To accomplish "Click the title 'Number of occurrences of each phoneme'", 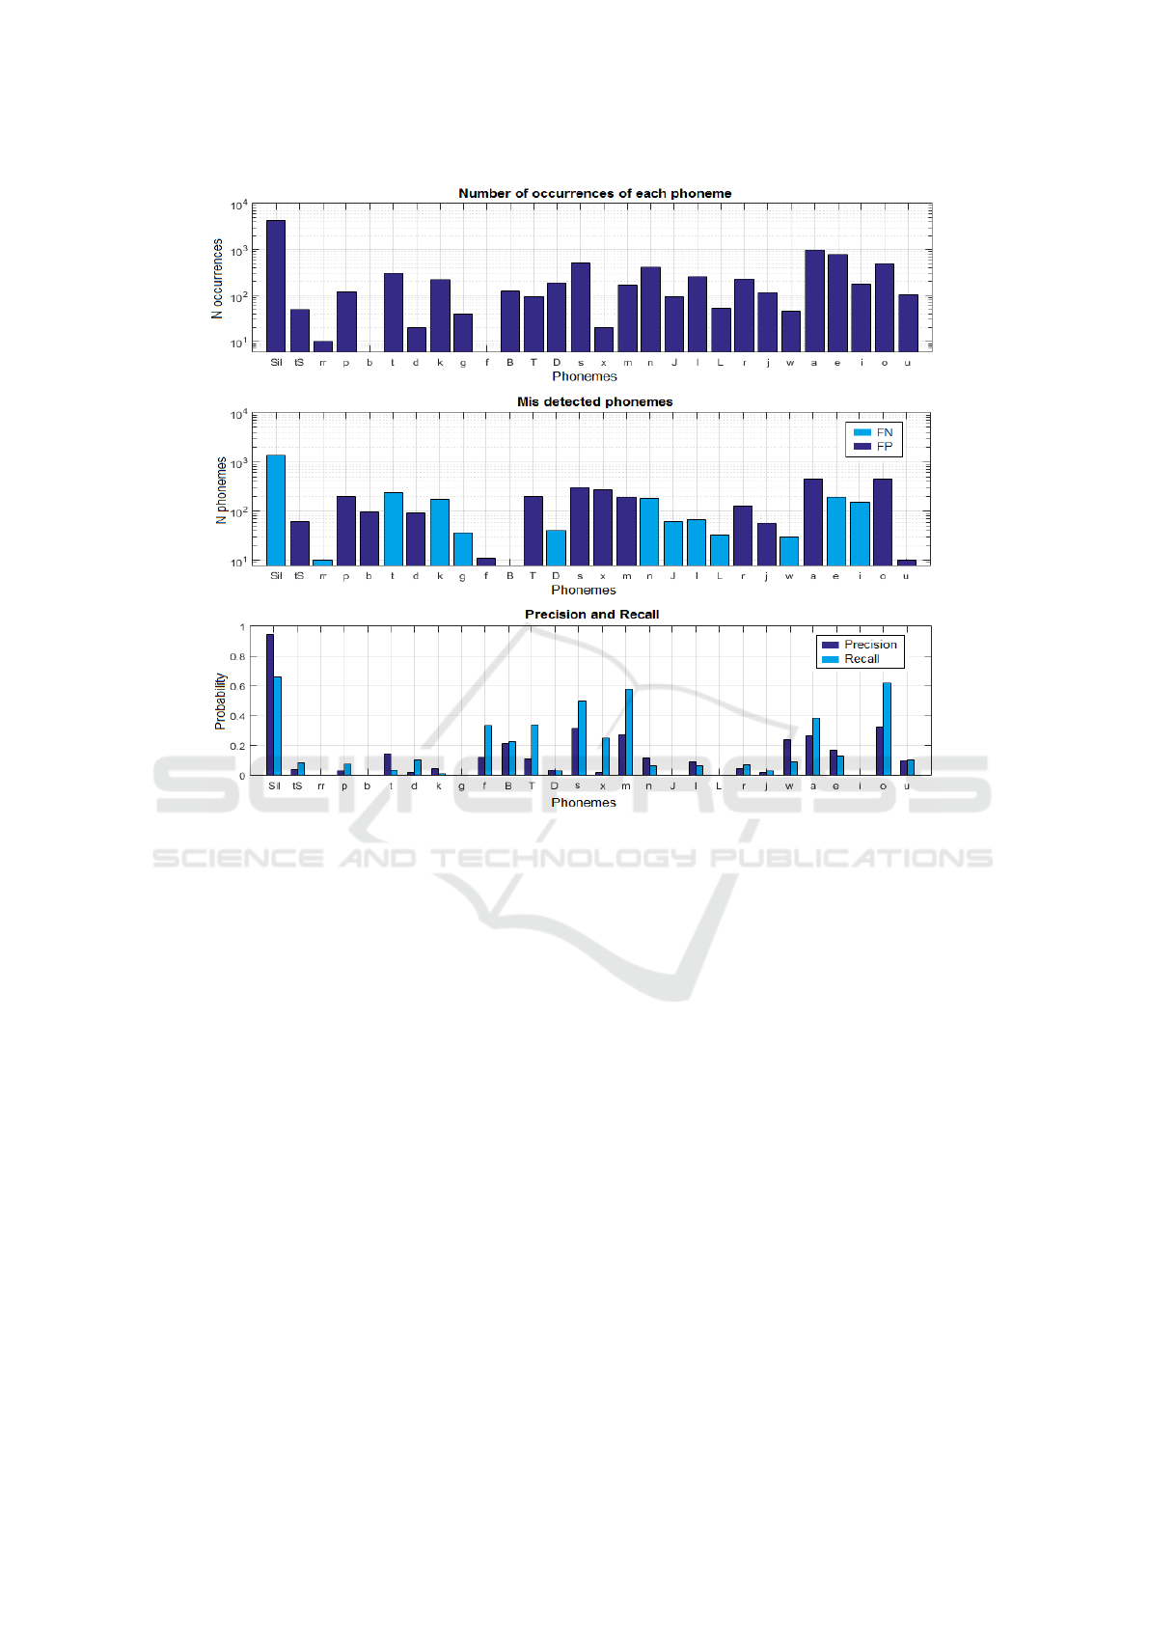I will (594, 193).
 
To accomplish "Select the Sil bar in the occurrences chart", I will (276, 286).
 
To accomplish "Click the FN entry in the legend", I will (874, 432).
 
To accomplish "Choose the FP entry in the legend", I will (874, 447).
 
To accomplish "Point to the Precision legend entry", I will (860, 645).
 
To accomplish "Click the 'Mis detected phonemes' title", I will (594, 401).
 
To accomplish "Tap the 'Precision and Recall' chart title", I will (591, 614).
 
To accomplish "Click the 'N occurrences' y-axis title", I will (218, 278).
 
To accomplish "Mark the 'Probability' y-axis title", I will (220, 701).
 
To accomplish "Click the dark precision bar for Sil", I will (270, 704).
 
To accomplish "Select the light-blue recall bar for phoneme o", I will (887, 729).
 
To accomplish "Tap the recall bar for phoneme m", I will (629, 731).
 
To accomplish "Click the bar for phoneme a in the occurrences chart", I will (814, 300).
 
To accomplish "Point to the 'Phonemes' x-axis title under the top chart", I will (584, 376).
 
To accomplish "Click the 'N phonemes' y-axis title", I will (222, 490).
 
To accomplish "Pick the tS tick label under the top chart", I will (299, 363).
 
